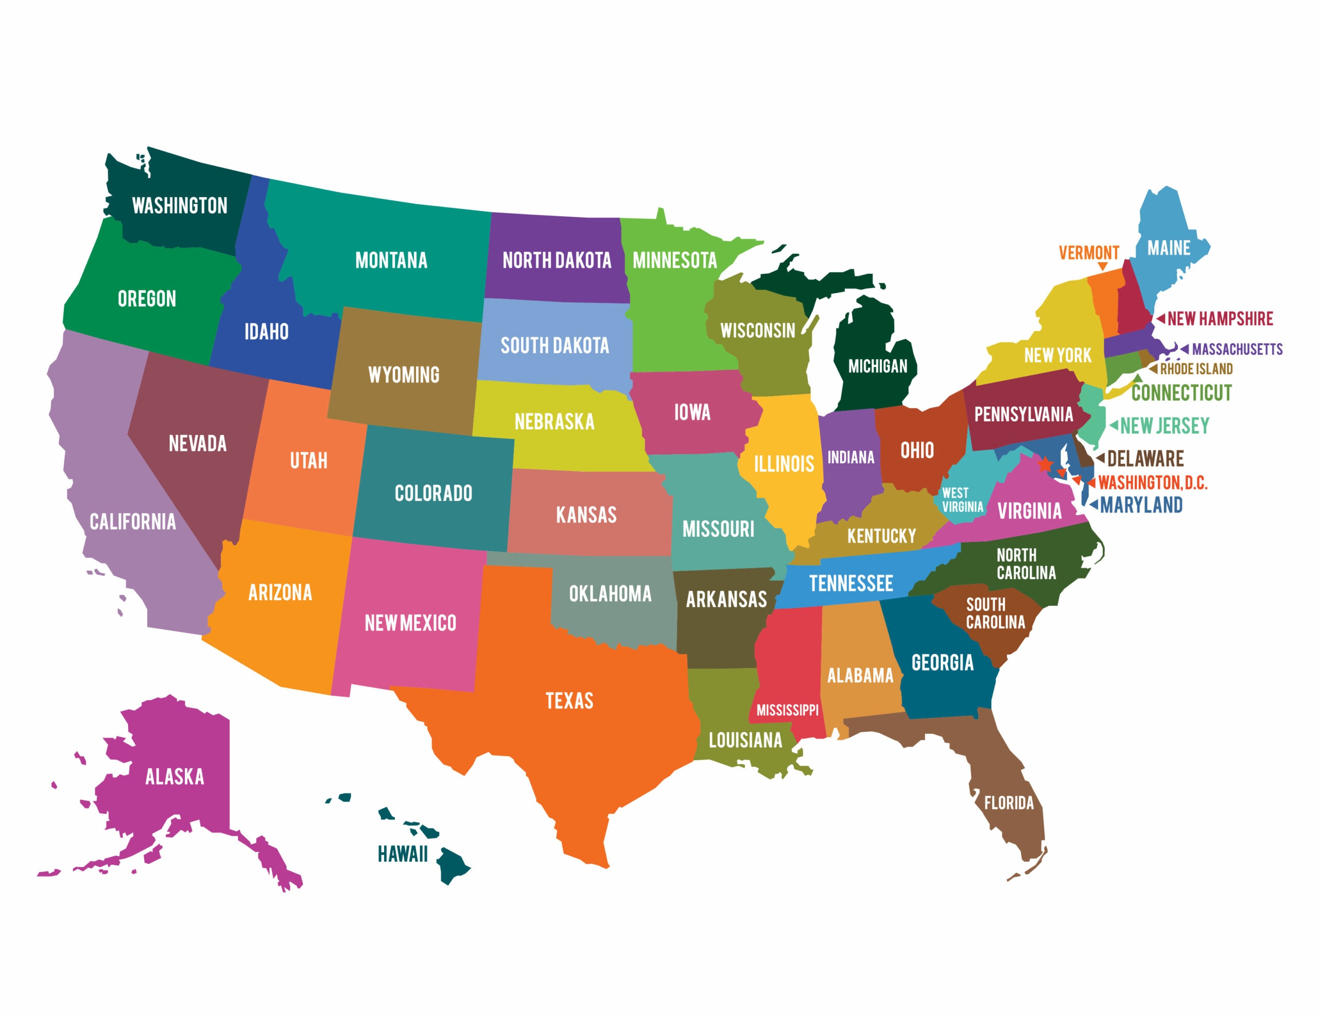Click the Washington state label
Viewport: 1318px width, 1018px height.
(179, 206)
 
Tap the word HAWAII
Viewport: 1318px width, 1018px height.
(403, 854)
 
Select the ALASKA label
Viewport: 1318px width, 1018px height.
(175, 777)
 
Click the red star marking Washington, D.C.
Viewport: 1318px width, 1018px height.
(1045, 464)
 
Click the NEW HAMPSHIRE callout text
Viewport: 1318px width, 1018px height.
(1220, 319)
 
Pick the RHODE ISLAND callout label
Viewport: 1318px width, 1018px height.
(1196, 368)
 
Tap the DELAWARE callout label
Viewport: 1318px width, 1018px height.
(1145, 459)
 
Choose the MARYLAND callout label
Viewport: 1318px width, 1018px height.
(1140, 505)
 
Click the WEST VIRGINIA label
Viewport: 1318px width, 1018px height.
(963, 500)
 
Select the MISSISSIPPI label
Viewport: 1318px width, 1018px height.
(788, 710)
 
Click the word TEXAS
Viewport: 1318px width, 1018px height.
(569, 701)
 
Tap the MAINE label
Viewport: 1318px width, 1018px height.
(1168, 248)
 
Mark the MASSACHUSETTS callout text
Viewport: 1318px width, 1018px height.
(1237, 349)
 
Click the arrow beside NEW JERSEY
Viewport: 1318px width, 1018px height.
(1114, 426)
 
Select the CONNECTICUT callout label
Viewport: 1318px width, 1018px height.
(1181, 393)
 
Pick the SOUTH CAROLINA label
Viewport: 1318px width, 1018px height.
(995, 613)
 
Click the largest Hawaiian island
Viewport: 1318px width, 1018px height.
(452, 865)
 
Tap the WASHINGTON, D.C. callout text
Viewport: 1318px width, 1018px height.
(1152, 483)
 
